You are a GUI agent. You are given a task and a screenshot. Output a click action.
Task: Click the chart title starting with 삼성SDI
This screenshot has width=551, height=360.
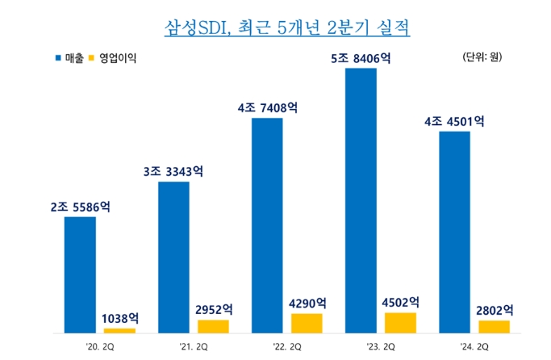pyautogui.click(x=276, y=27)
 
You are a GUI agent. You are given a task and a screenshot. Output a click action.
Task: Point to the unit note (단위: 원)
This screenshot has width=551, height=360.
pyautogui.click(x=482, y=57)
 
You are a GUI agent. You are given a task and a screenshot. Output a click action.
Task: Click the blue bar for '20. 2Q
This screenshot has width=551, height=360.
pyautogui.click(x=80, y=274)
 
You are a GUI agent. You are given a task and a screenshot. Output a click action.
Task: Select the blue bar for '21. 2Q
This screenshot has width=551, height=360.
pyautogui.click(x=173, y=257)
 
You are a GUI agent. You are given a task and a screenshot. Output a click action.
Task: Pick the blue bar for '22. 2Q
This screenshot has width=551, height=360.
pyautogui.click(x=267, y=225)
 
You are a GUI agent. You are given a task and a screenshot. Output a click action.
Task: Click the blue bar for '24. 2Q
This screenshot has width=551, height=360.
pyautogui.click(x=454, y=232)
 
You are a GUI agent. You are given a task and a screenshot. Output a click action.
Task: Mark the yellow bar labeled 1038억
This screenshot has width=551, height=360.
pyautogui.click(x=119, y=330)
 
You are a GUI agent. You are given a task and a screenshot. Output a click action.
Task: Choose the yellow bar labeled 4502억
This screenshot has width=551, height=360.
pyautogui.click(x=400, y=323)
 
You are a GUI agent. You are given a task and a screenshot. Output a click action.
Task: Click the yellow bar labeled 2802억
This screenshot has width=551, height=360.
pyautogui.click(x=494, y=326)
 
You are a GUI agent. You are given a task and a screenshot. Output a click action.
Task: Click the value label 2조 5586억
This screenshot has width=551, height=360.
pyautogui.click(x=80, y=207)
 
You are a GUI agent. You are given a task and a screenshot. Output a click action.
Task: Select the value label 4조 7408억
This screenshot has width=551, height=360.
pyautogui.click(x=267, y=108)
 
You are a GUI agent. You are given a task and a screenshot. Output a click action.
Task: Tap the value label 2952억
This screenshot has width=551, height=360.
pyautogui.click(x=213, y=309)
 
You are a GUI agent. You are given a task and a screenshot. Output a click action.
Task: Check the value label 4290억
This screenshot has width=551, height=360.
pyautogui.click(x=307, y=303)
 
